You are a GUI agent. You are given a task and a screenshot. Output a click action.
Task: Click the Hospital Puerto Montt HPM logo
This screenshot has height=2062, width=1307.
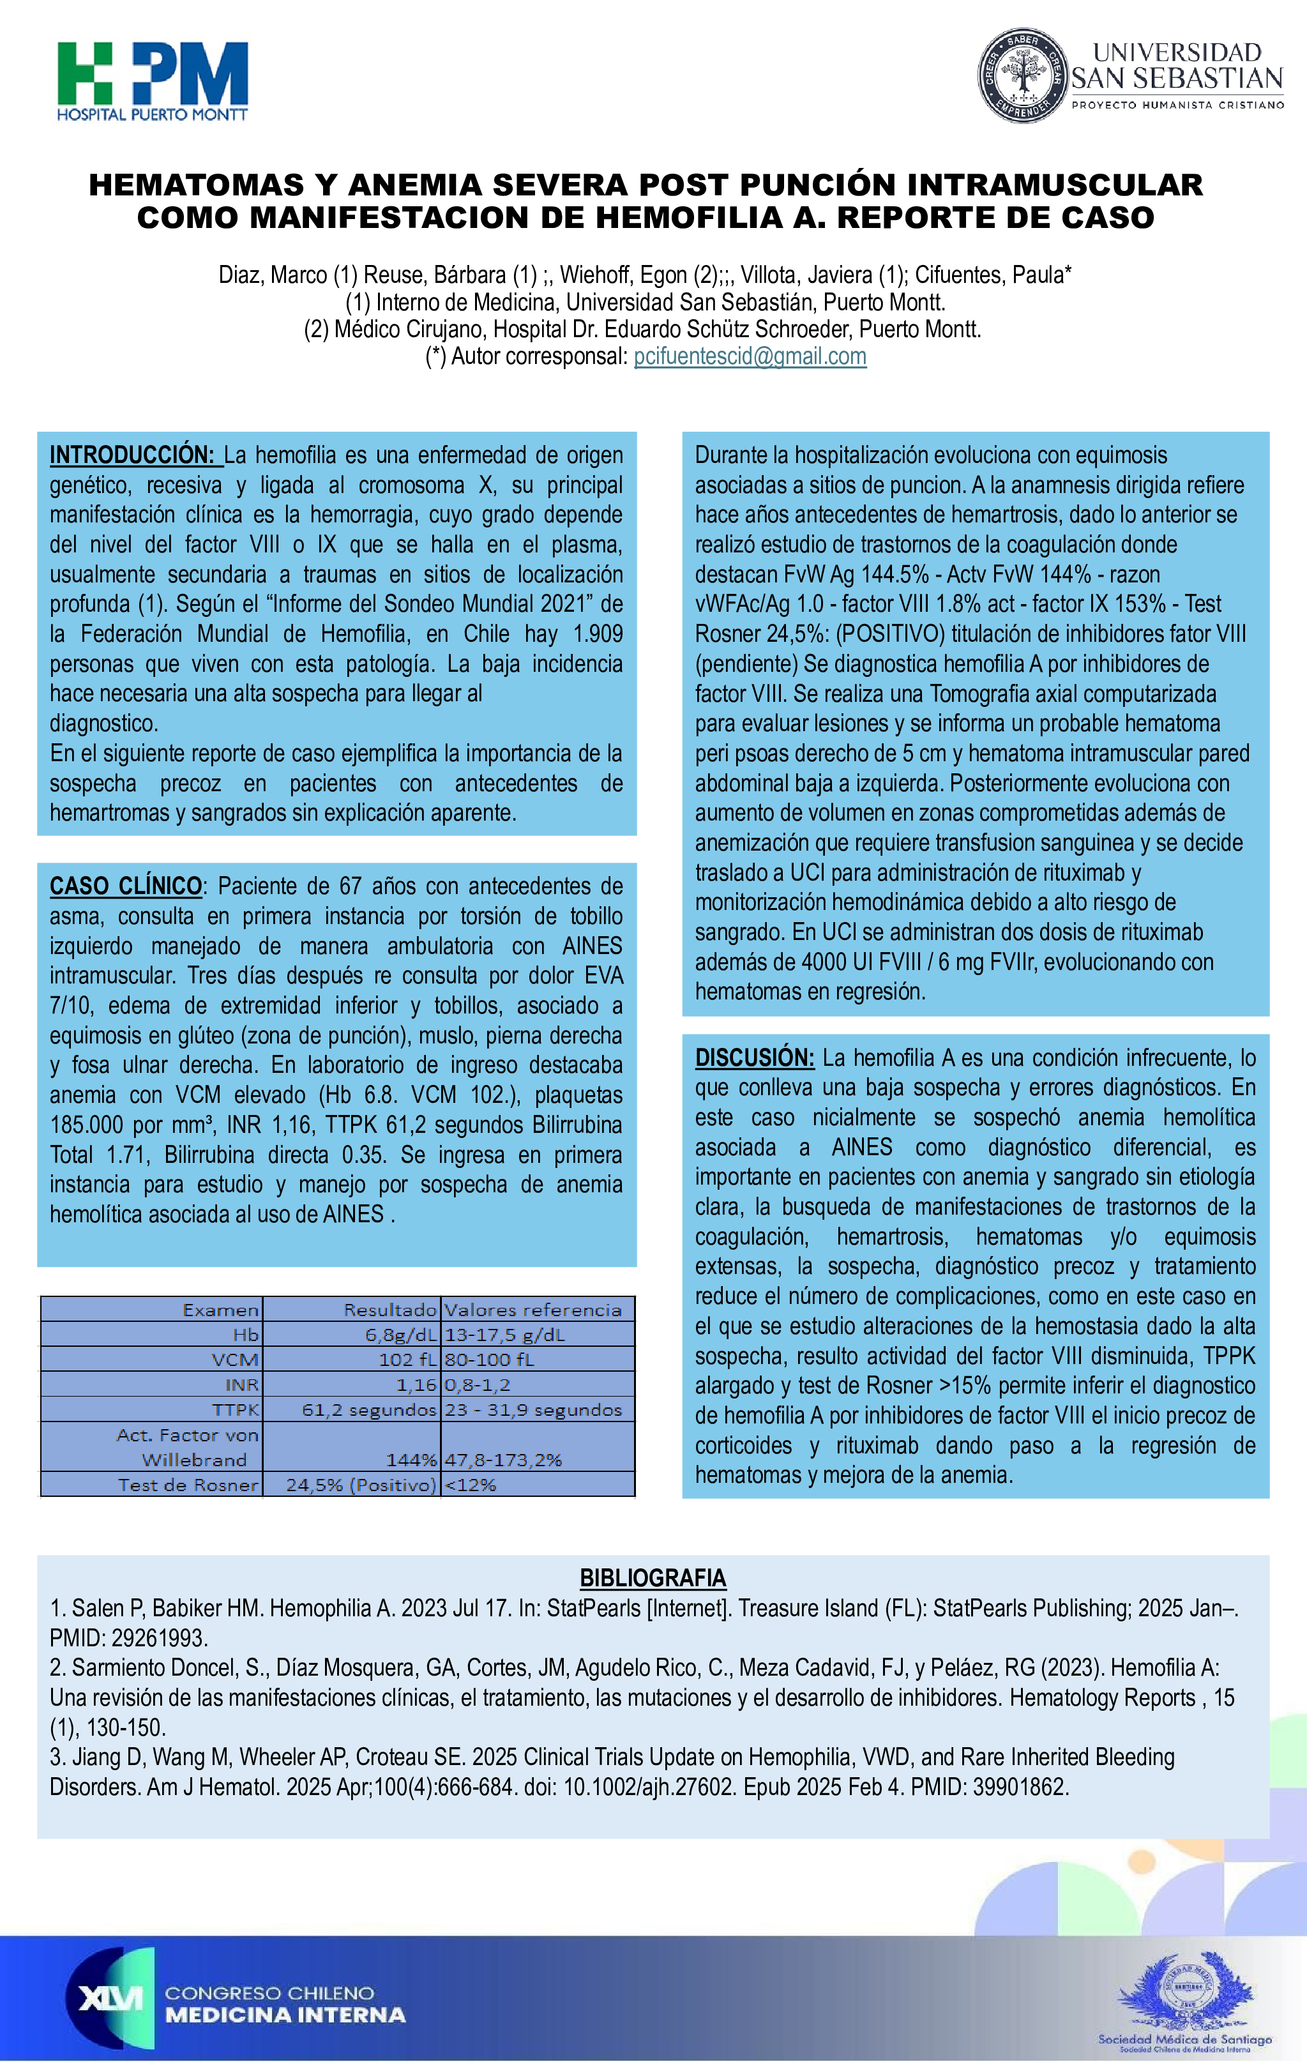(153, 81)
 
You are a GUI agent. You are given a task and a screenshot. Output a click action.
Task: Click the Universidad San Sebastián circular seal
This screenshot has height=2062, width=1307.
(1021, 75)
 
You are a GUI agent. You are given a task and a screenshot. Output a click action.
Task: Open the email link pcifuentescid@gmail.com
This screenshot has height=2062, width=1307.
(750, 356)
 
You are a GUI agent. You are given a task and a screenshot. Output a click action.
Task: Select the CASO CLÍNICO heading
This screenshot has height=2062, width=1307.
(126, 886)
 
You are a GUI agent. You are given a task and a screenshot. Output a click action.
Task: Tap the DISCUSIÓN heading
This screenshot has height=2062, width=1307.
(754, 1058)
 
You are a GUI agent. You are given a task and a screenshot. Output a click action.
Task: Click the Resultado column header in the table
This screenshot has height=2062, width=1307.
(390, 1309)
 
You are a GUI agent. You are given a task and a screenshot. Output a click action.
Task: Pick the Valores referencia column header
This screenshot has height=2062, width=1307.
(533, 1309)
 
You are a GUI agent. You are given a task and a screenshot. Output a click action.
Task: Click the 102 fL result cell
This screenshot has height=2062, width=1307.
(407, 1359)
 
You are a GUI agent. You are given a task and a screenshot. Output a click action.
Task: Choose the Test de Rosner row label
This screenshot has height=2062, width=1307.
(188, 1485)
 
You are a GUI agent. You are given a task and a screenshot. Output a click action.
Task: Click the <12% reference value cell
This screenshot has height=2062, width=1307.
(470, 1485)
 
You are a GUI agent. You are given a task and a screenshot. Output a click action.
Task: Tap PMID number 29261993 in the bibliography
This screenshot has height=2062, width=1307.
(158, 1638)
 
